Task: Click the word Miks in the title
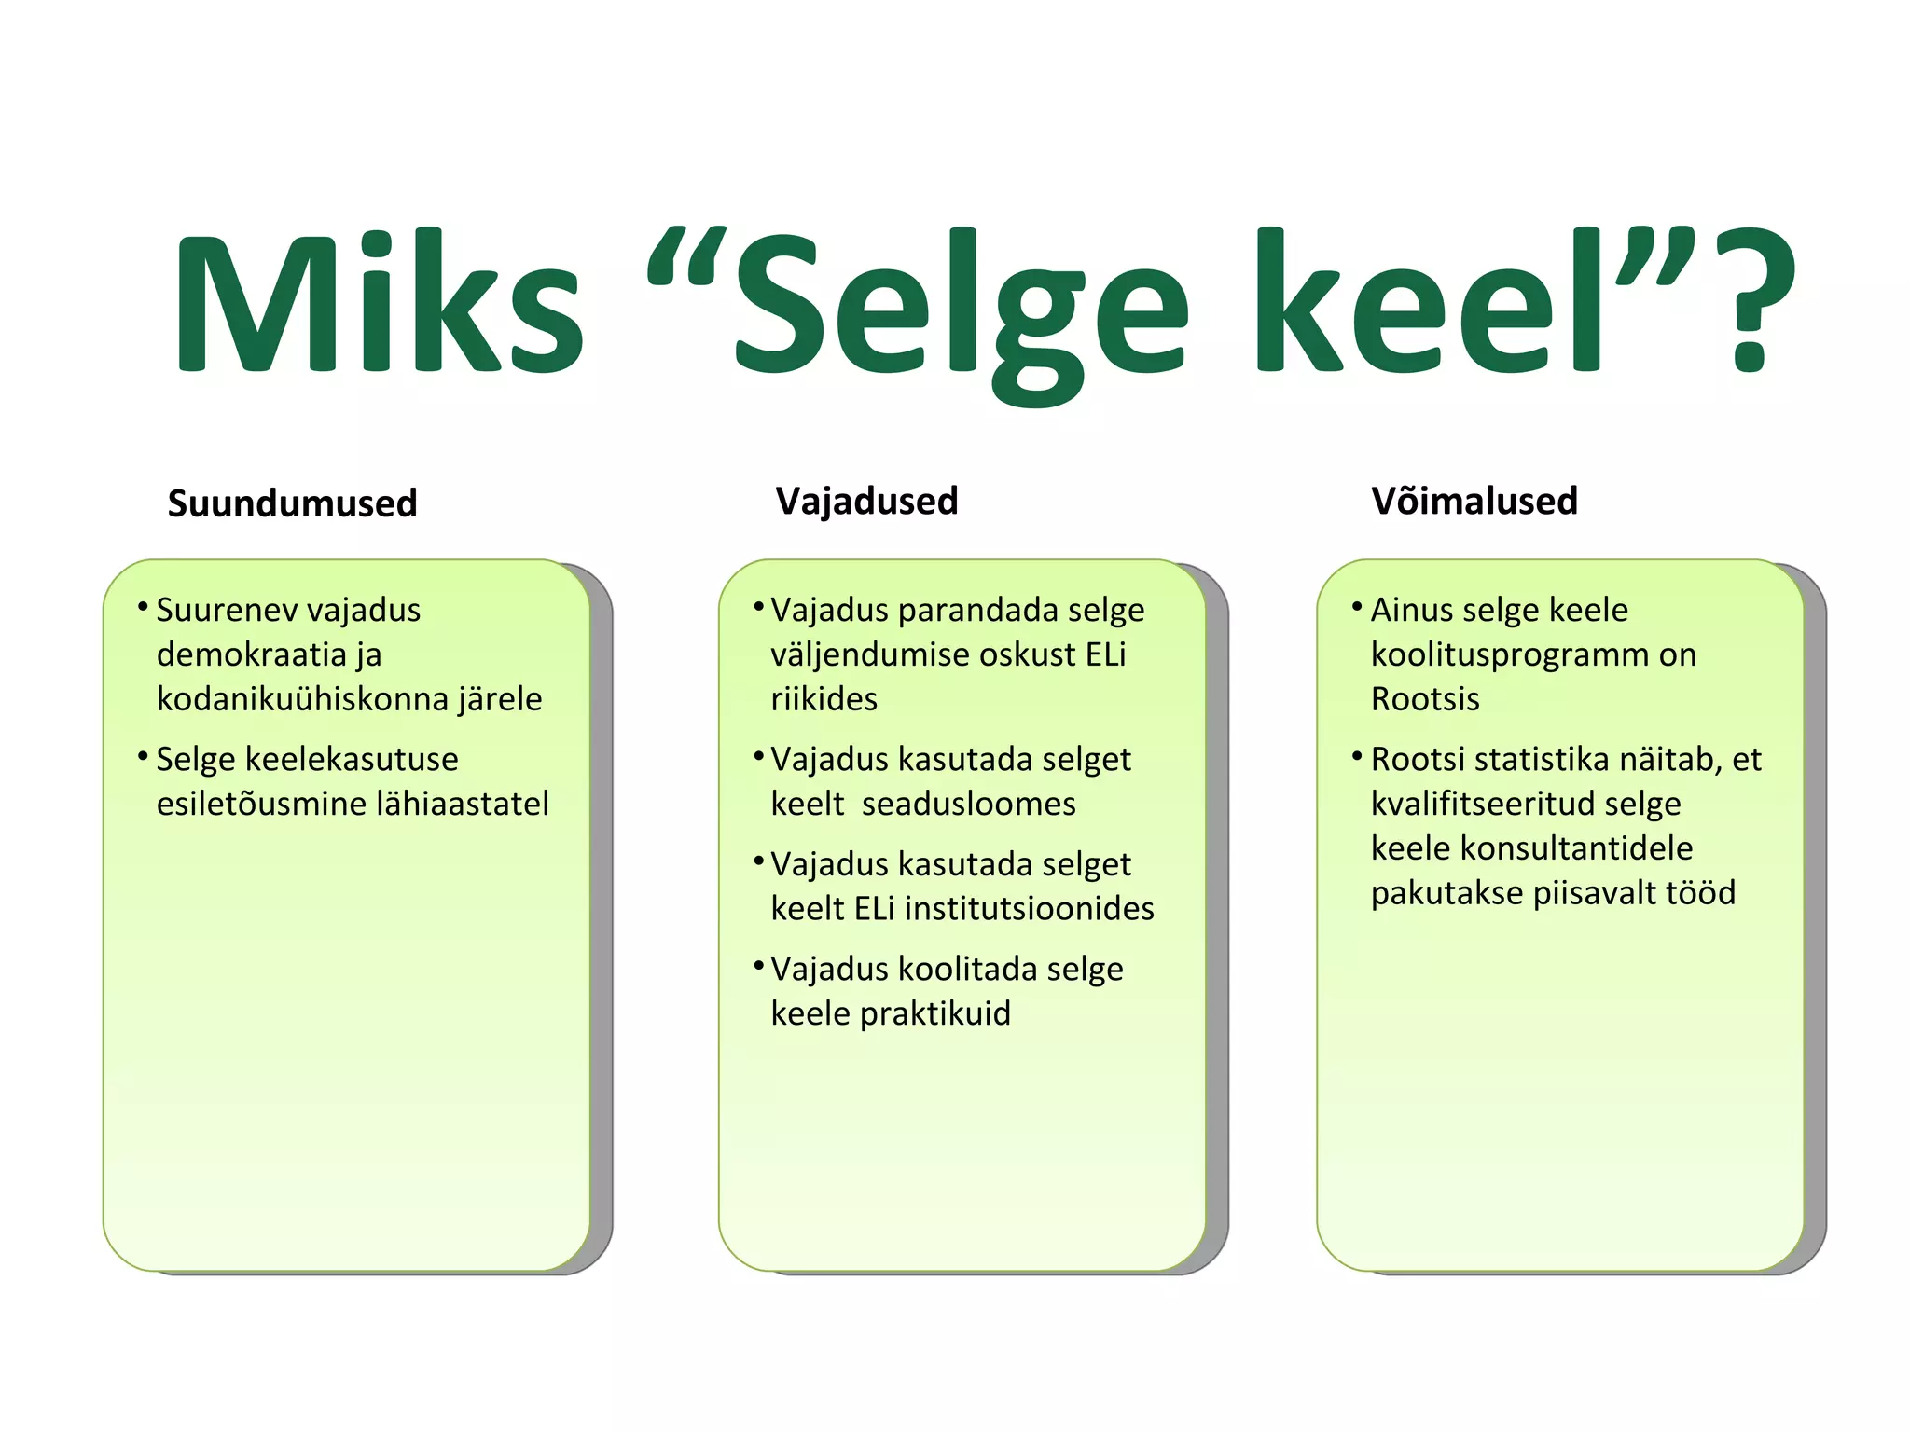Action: pos(378,303)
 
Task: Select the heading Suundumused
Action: pos(292,503)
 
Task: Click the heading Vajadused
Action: pos(866,502)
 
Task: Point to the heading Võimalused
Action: pos(1474,502)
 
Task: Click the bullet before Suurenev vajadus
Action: pos(143,607)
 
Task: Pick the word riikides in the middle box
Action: pos(824,699)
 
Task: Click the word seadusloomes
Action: pos(968,804)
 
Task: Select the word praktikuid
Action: pos(934,1013)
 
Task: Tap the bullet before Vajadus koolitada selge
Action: pos(758,965)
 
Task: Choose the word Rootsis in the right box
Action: pos(1424,699)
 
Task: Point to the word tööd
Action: pos(1700,893)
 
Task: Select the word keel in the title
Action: pos(1427,303)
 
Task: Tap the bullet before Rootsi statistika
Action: pos(1357,755)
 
